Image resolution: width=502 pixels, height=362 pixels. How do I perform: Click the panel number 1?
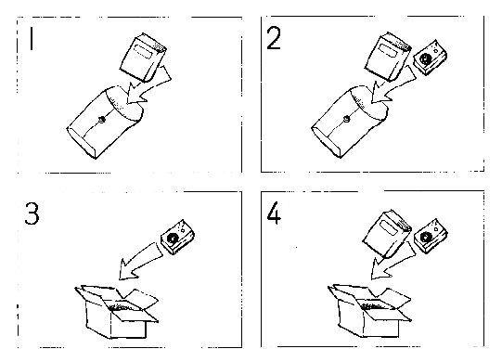31,38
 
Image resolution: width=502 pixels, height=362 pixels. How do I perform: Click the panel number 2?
274,38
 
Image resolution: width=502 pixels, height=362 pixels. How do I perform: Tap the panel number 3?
32,213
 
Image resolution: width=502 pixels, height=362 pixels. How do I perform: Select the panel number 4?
274,213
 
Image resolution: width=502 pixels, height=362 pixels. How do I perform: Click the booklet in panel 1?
143,58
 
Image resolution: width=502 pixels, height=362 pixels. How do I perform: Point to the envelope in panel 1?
105,122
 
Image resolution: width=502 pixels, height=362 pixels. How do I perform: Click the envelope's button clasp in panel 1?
102,120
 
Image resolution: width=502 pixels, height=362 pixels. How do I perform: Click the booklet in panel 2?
388,57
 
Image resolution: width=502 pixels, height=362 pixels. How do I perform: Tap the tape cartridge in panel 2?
430,58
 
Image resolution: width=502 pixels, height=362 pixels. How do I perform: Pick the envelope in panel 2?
350,122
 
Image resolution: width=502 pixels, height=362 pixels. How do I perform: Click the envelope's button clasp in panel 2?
346,120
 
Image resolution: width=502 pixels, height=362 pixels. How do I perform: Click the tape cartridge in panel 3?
177,237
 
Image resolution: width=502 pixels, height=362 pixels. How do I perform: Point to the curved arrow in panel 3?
137,261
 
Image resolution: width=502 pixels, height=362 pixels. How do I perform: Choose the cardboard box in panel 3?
116,311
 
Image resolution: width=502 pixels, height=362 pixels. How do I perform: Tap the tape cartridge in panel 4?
431,237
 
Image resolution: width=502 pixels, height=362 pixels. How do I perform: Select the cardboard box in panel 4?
369,311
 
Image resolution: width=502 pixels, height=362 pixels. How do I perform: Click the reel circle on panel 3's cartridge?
173,239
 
